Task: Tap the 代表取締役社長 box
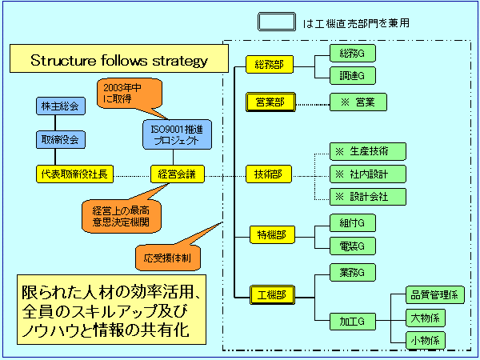[76, 173]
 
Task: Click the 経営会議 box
[178, 173]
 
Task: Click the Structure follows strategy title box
[119, 61]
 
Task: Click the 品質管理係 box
[433, 295]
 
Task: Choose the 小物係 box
[425, 339]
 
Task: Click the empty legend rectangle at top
[277, 21]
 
